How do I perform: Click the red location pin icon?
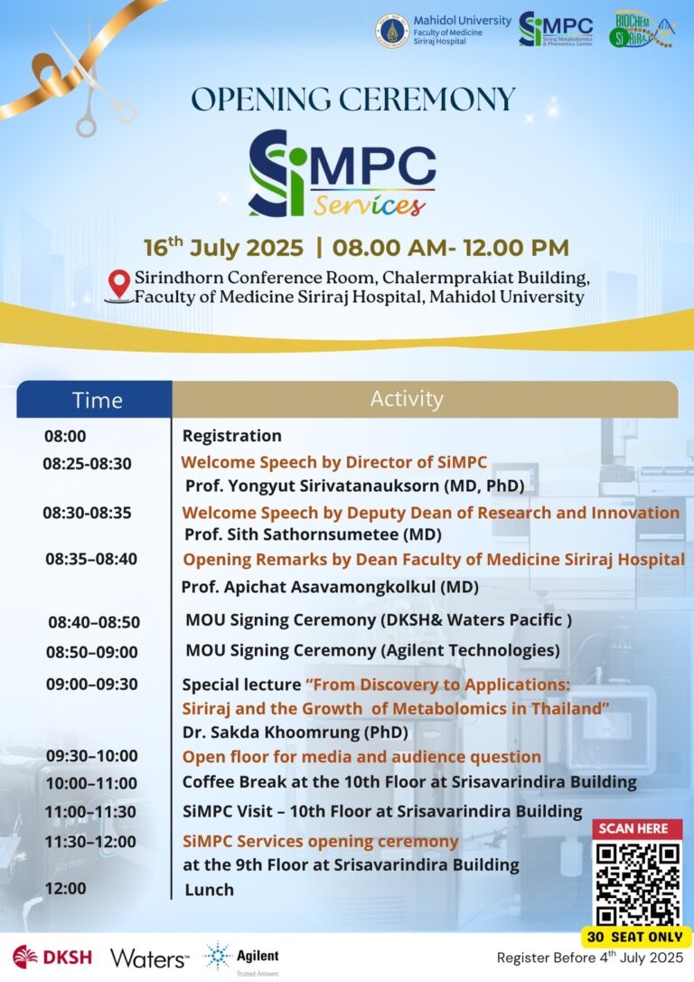coord(118,285)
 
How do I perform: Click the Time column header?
coord(97,399)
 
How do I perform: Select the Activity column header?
coord(407,399)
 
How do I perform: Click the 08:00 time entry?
coord(65,436)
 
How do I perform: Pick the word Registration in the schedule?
coord(231,436)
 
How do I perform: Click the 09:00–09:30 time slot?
coord(91,684)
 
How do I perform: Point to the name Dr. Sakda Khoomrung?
coord(295,732)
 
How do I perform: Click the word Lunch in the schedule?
coord(209,890)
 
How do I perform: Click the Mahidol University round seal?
coord(392,30)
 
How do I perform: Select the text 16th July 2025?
coord(224,248)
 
